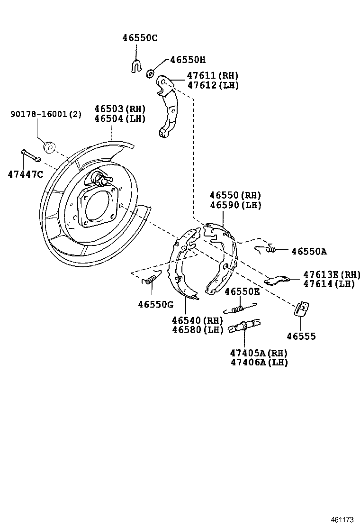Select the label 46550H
coord(188,60)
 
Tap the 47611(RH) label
coord(212,75)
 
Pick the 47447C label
coord(25,174)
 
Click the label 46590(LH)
coord(235,206)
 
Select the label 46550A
coord(309,252)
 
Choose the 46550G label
coord(156,304)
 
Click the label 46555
coord(301,336)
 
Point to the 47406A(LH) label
coord(259,363)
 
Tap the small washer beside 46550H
coord(150,73)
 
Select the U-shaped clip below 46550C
coord(136,65)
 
